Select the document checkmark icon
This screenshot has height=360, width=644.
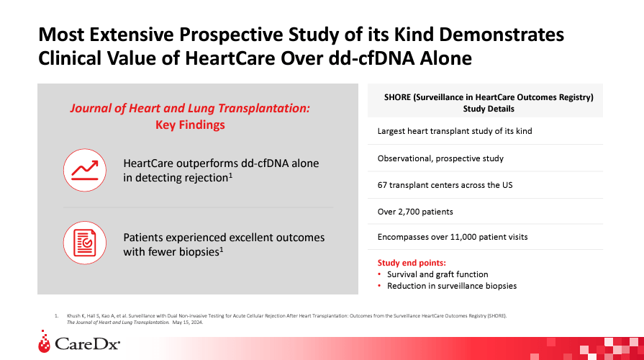[x=84, y=243]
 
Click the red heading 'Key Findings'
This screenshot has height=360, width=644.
[x=190, y=125]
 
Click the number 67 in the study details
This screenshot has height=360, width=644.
[x=384, y=185]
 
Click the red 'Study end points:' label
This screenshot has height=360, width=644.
[x=412, y=262]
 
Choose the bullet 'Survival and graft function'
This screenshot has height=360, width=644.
[x=437, y=274]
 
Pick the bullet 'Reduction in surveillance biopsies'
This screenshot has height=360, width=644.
[x=452, y=286]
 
